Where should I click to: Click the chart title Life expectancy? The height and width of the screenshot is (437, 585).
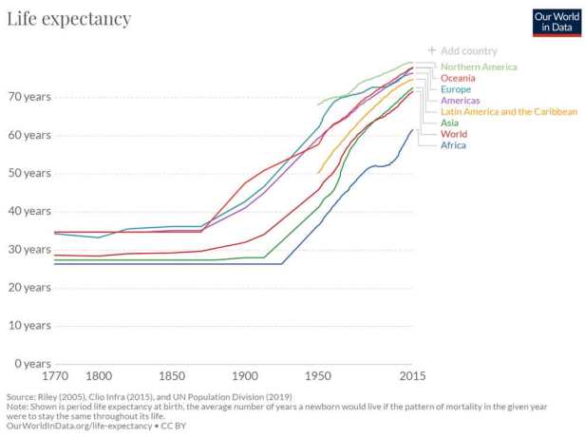click(68, 19)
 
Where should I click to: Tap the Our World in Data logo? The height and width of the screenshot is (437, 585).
click(556, 20)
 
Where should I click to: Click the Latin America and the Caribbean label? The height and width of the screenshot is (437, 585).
click(508, 112)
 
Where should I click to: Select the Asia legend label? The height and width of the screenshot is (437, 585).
click(451, 123)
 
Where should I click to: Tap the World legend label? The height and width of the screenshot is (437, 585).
click(454, 134)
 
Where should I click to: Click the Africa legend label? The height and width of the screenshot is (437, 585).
click(454, 145)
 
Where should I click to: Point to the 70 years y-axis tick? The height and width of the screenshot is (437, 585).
click(28, 97)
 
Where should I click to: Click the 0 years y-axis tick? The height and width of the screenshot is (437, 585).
click(32, 364)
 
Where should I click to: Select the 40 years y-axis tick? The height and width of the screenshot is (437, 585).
click(28, 211)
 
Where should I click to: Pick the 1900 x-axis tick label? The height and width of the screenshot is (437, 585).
click(244, 376)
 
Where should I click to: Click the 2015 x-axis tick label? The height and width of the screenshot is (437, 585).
click(411, 376)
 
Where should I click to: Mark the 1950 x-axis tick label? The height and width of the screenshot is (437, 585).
click(317, 376)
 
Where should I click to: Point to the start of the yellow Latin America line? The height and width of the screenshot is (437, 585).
click(317, 173)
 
